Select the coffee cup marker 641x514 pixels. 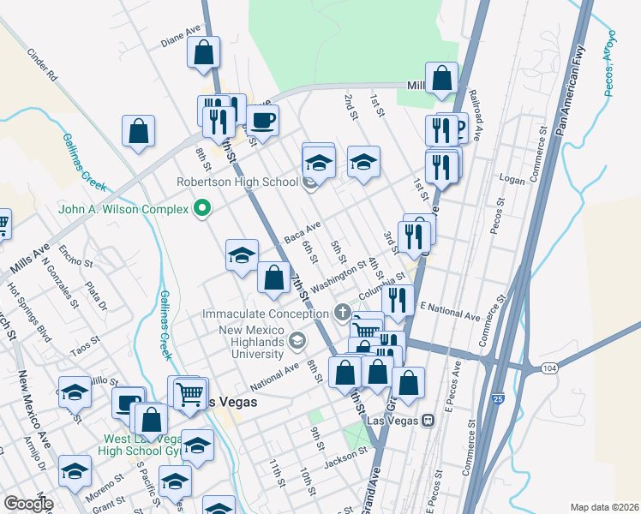click(x=262, y=120)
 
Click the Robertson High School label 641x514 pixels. click(x=237, y=182)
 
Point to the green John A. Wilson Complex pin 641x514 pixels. click(x=202, y=207)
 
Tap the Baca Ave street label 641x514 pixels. click(x=302, y=230)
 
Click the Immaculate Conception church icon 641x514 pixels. click(x=343, y=313)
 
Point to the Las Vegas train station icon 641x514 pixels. click(x=426, y=420)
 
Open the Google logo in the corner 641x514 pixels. click(x=28, y=504)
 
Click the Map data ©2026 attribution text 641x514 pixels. click(x=603, y=507)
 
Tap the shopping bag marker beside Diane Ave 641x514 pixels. click(x=204, y=53)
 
